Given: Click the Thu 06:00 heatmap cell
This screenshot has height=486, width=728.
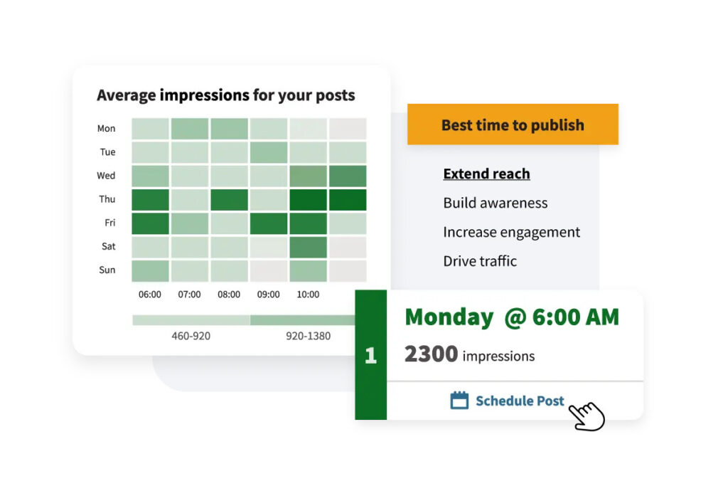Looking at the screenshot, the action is pos(150,200).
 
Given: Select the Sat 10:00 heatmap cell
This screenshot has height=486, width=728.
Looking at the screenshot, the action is pos(308,247).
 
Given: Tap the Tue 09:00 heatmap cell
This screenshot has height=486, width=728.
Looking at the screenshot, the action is pos(268,152).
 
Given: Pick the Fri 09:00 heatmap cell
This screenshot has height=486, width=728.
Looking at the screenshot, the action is pos(268,223).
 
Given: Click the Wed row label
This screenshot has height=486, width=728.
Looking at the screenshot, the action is pos(106,176).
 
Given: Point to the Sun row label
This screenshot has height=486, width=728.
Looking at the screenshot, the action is pos(107,270).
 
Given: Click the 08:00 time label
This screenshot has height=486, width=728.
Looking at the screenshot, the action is pos(229,295).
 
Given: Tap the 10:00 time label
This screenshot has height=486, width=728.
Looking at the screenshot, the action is pos(308,295).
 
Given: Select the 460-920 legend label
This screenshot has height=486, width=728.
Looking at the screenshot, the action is pos(191,336).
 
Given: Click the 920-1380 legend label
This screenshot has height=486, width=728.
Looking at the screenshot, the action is pos(309,336).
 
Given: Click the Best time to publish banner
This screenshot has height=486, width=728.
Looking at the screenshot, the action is pos(513,125).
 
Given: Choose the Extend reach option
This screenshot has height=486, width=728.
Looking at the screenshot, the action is pos(486,174).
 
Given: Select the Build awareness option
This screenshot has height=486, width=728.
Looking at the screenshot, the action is pos(496,203).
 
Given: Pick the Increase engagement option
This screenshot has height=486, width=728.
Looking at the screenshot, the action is pos(512,232).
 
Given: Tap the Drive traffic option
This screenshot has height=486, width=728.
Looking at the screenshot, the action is pos(480,261).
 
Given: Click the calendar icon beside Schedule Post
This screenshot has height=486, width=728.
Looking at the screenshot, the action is pos(459,400).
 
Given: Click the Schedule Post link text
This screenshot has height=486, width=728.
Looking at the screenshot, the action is pos(520,401).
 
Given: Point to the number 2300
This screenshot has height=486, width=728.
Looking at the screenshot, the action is pos(431,354).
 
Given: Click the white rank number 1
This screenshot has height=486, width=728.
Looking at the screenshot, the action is pos(370,356).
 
